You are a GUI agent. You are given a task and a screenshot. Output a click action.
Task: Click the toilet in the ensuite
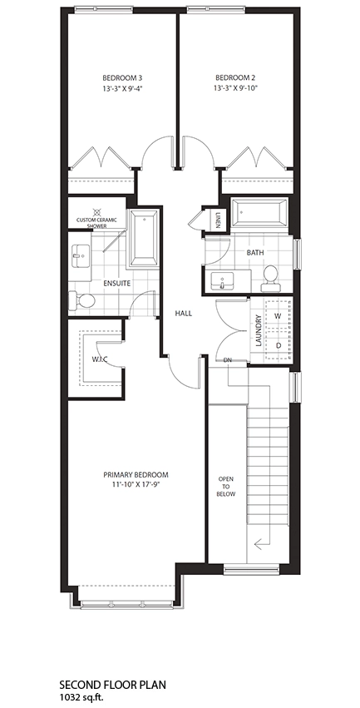81,300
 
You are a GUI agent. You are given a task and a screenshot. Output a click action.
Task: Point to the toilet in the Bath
271,278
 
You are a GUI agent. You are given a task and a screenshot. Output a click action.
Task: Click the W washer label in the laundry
278,316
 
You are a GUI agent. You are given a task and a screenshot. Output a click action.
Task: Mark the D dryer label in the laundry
279,345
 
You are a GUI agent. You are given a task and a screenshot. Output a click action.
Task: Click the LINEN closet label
218,220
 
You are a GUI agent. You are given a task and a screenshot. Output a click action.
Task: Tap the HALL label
184,313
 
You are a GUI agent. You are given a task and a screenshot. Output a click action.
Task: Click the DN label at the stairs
228,360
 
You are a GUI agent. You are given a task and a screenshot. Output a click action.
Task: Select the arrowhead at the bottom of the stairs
258,545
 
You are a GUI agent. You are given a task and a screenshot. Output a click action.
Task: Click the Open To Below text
226,487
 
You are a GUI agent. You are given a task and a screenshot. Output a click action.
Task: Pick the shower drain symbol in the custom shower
96,210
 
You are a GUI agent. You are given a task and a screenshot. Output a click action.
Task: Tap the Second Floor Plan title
113,685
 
